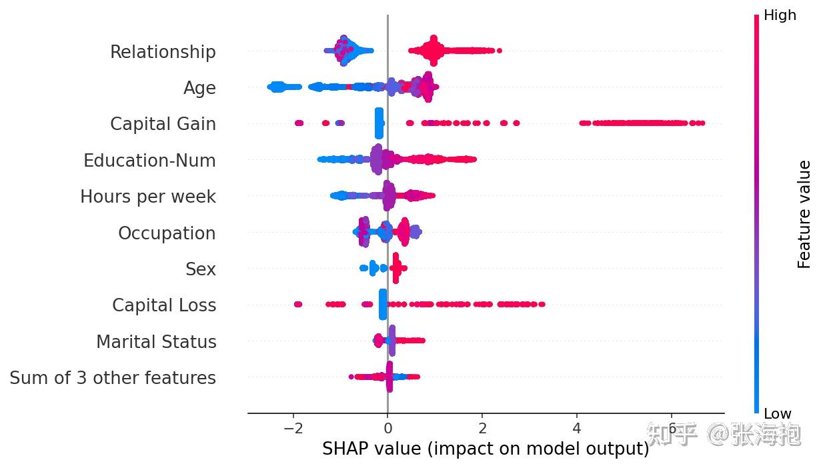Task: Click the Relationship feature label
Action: click(x=163, y=52)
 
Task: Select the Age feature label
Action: click(x=199, y=88)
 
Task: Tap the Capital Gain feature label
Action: click(x=163, y=124)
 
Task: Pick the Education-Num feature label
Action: click(x=149, y=161)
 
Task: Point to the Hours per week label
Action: click(x=148, y=197)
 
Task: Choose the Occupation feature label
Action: click(x=167, y=233)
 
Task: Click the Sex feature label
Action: click(x=201, y=269)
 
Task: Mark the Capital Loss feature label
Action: click(x=164, y=305)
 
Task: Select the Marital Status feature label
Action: click(x=156, y=342)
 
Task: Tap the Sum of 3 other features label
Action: click(x=113, y=378)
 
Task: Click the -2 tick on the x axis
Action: click(x=293, y=427)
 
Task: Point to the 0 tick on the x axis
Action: click(x=387, y=427)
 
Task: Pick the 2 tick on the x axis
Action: click(x=482, y=427)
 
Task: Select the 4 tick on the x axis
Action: click(x=577, y=427)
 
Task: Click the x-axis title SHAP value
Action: click(x=486, y=449)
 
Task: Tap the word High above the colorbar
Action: click(x=780, y=15)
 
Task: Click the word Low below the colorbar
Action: click(x=778, y=413)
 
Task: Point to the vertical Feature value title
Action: click(x=804, y=214)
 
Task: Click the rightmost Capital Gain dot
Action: click(x=702, y=123)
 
